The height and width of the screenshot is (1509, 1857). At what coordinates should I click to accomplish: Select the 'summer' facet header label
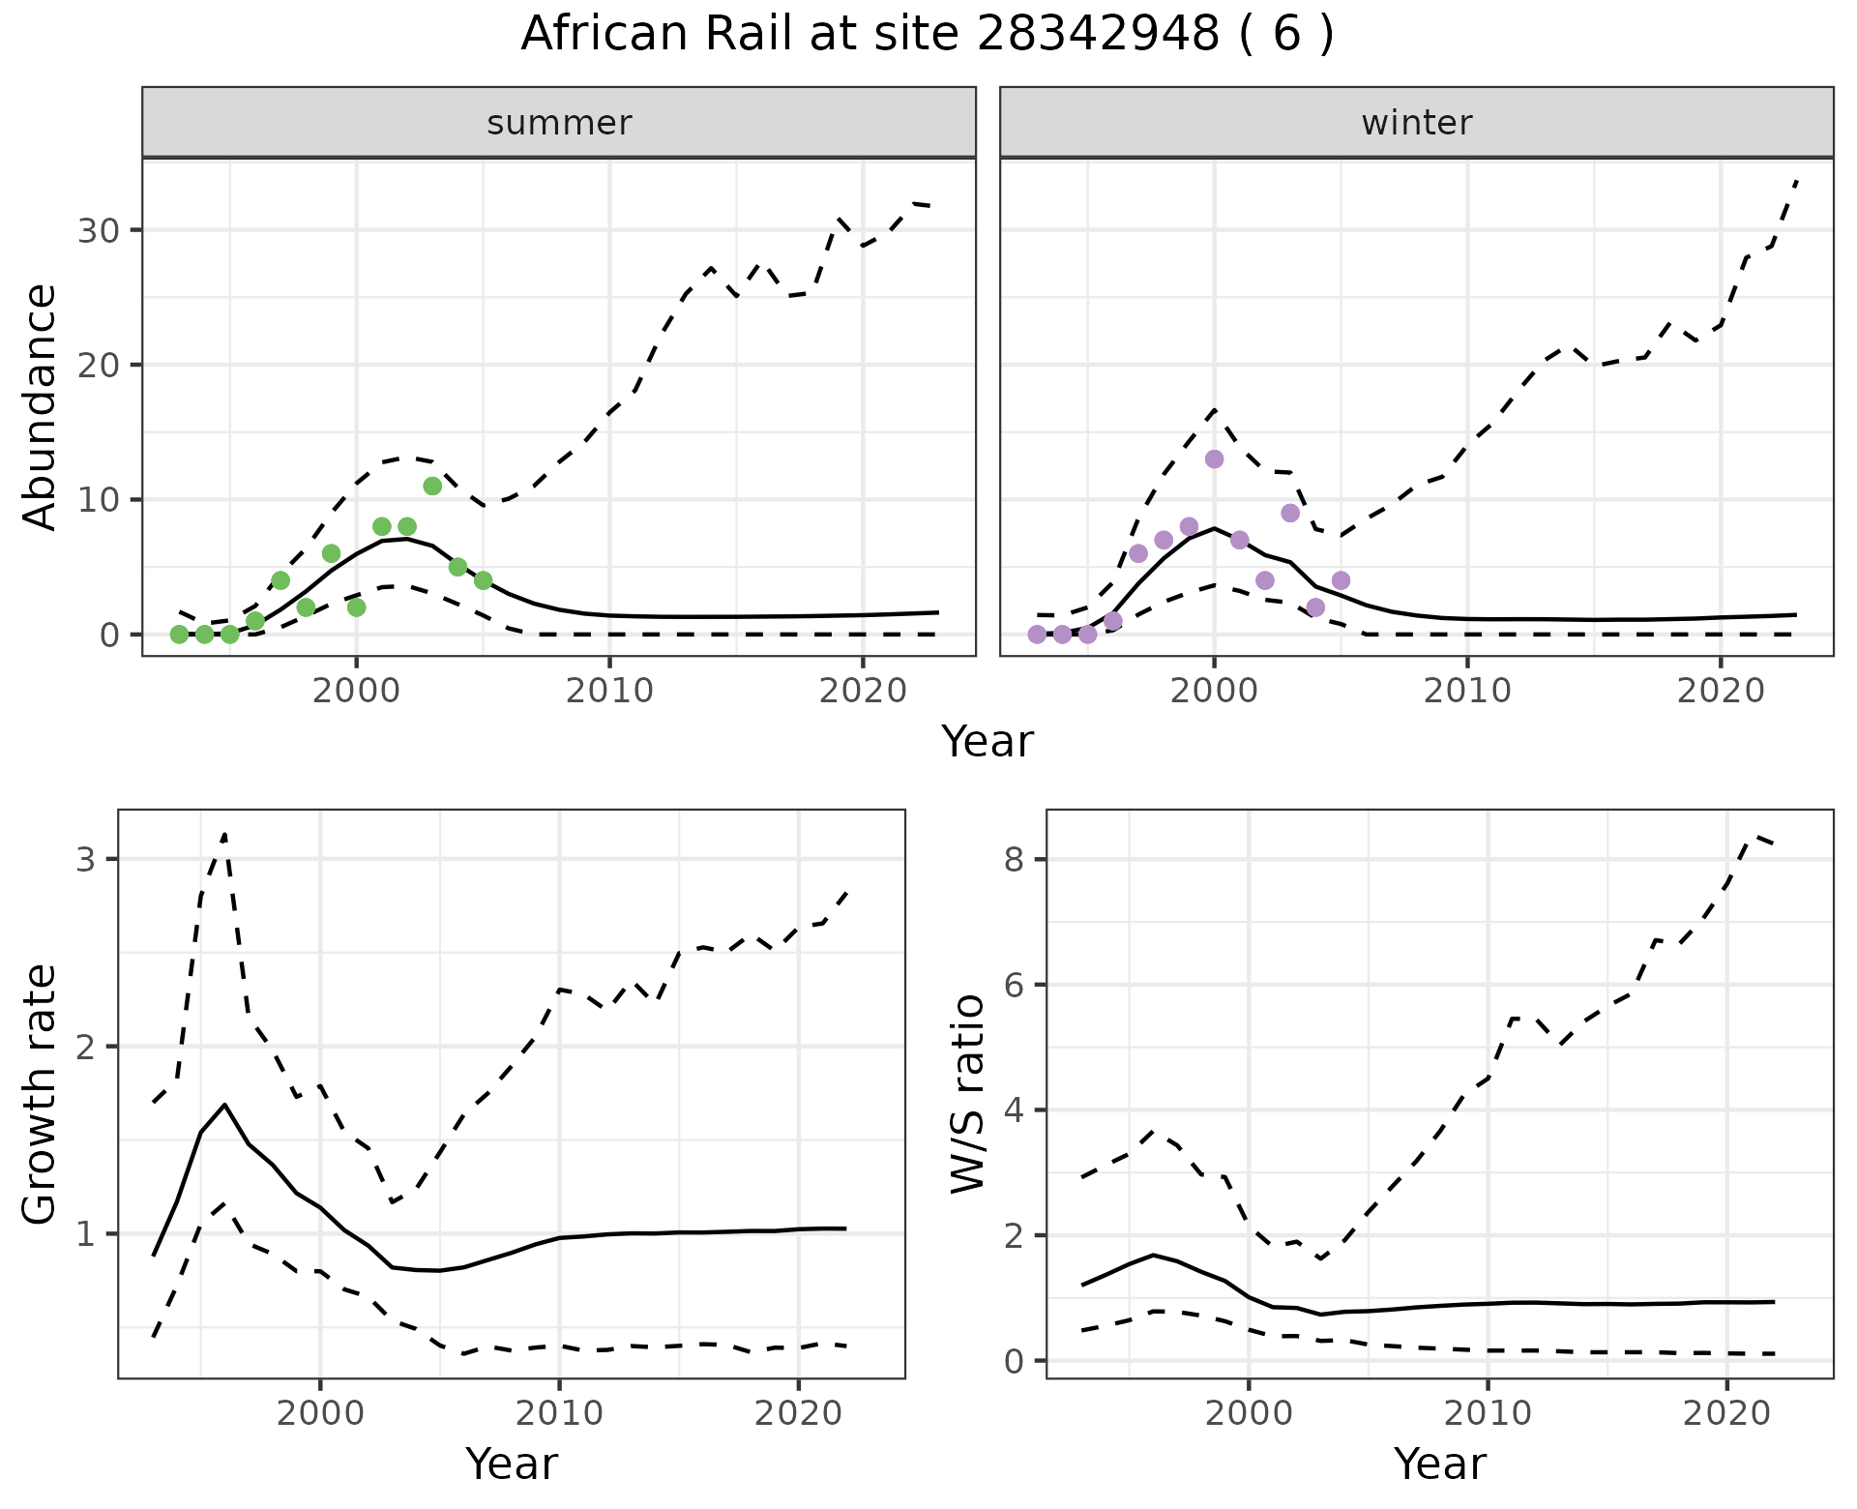559,123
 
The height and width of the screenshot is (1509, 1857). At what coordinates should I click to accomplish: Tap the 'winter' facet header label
1416,123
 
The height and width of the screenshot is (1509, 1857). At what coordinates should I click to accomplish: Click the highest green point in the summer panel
432,486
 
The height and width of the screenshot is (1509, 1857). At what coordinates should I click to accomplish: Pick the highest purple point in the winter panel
1215,459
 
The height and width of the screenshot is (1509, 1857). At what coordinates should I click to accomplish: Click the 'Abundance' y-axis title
40,407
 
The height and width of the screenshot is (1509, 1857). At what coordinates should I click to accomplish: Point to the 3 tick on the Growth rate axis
85,859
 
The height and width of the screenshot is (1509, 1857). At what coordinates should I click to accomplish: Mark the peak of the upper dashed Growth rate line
224,833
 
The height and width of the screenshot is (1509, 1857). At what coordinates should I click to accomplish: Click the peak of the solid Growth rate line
224,1104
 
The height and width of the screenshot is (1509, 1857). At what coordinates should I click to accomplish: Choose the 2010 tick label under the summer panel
609,691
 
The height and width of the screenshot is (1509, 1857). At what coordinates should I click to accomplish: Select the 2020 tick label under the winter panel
1720,691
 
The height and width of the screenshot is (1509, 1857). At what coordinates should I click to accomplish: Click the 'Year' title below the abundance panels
987,742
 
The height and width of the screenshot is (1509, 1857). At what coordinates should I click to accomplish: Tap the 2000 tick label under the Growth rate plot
320,1413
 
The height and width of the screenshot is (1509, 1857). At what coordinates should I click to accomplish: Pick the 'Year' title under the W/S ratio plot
1439,1464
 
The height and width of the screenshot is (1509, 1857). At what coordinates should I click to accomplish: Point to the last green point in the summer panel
484,580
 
